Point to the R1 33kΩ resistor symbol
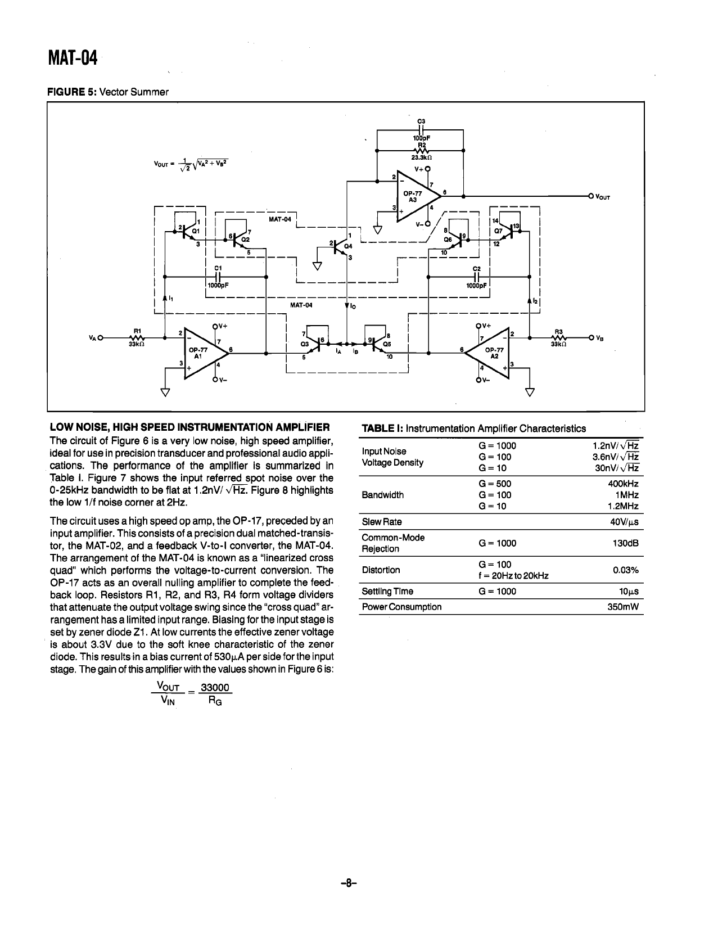point(137,338)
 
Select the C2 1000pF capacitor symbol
point(476,277)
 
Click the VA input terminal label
point(93,337)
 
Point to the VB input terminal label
point(599,338)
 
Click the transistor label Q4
point(348,246)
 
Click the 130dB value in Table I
point(627,543)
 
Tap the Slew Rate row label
point(382,522)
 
